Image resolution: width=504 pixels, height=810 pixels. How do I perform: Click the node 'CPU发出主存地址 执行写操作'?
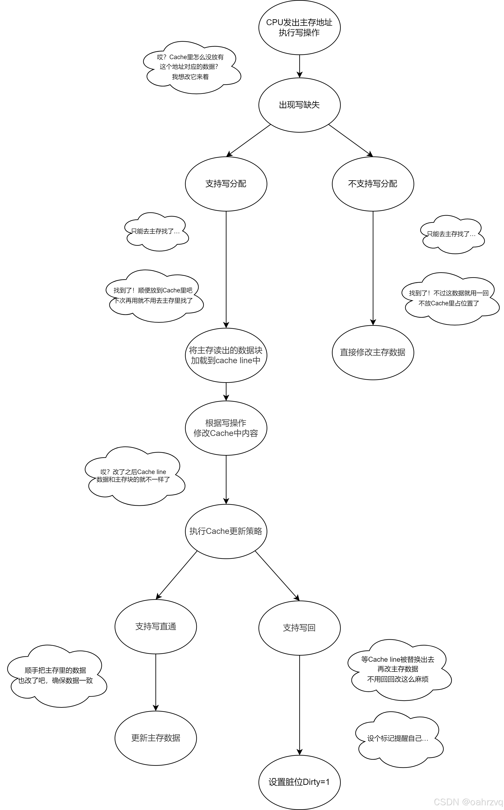[x=299, y=27]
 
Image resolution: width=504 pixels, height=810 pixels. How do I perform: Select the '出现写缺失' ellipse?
[x=299, y=105]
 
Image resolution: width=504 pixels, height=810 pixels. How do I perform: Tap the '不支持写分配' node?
[x=373, y=184]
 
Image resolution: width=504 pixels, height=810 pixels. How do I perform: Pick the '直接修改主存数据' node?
[x=373, y=352]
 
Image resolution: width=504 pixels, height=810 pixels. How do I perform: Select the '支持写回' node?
[x=299, y=628]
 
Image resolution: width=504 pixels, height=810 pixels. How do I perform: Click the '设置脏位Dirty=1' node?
[x=299, y=782]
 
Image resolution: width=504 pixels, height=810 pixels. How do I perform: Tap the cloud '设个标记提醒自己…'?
[x=398, y=738]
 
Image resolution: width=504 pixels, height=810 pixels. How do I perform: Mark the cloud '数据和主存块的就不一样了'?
[x=134, y=476]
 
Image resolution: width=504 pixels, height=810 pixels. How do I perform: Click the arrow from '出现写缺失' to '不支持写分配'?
[x=351, y=140]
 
